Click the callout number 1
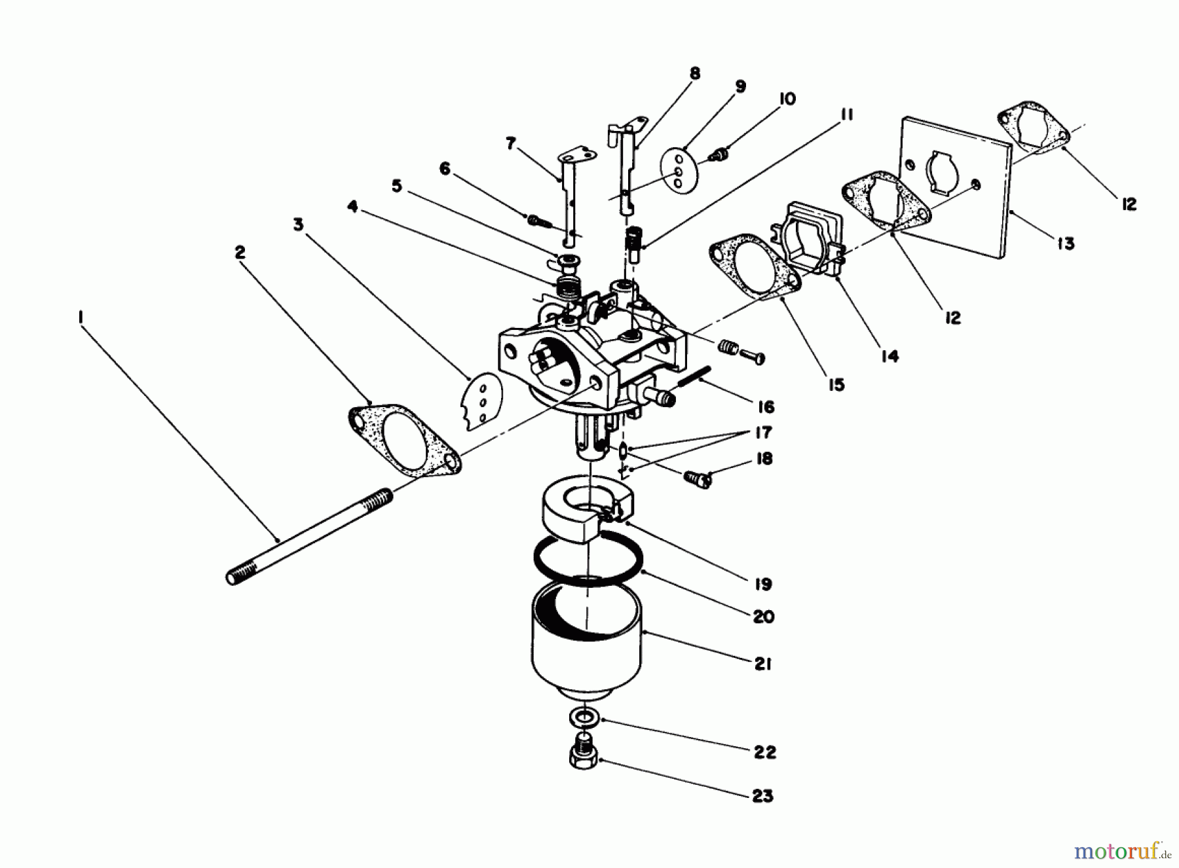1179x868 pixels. (x=80, y=317)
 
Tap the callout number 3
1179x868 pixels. (x=299, y=225)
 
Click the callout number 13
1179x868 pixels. (x=1066, y=244)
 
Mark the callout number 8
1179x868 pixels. (x=694, y=73)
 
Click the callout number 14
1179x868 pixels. (x=889, y=356)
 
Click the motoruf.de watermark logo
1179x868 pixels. (x=1121, y=852)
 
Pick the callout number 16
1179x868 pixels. (x=765, y=407)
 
